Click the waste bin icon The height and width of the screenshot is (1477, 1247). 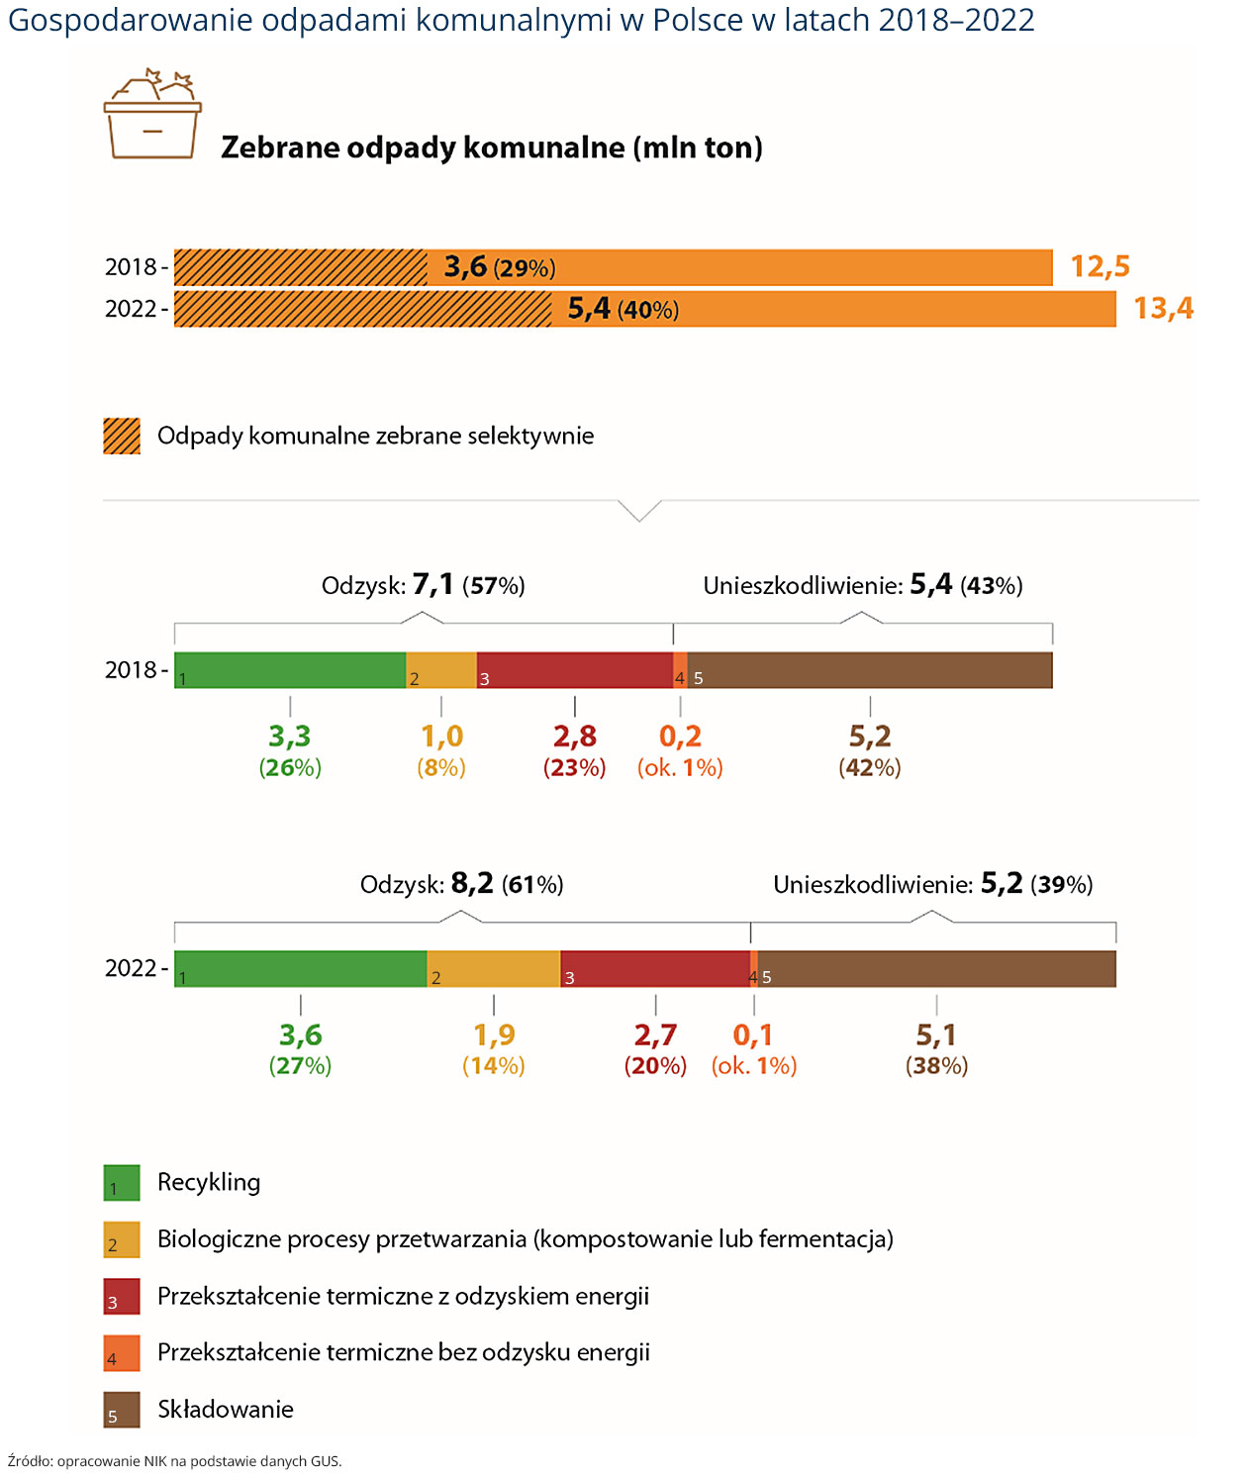(152, 116)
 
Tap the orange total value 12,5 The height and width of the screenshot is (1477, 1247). (1100, 266)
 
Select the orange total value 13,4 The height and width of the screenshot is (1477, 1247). (1163, 308)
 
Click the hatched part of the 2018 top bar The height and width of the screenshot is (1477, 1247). (300, 267)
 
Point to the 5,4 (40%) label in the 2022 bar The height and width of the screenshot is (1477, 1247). (623, 309)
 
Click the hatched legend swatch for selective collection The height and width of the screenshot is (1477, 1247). (122, 436)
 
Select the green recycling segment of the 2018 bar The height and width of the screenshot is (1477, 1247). (290, 670)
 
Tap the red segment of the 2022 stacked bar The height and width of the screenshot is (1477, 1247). (655, 968)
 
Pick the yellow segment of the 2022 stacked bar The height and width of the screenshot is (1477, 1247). (494, 968)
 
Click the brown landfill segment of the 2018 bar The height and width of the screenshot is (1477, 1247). (870, 670)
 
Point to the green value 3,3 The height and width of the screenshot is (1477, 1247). (290, 737)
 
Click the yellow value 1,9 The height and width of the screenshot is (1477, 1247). (494, 1034)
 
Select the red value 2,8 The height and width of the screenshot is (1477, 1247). (575, 737)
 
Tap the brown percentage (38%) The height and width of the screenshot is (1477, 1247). (936, 1066)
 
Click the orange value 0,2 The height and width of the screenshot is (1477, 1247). (680, 737)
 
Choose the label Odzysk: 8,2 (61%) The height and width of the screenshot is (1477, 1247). (462, 884)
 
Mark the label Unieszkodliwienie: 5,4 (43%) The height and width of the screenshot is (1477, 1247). (862, 585)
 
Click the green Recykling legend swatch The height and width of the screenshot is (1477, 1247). (122, 1183)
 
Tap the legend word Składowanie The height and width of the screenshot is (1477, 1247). (226, 1409)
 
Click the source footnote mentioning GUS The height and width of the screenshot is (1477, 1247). (175, 1461)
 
